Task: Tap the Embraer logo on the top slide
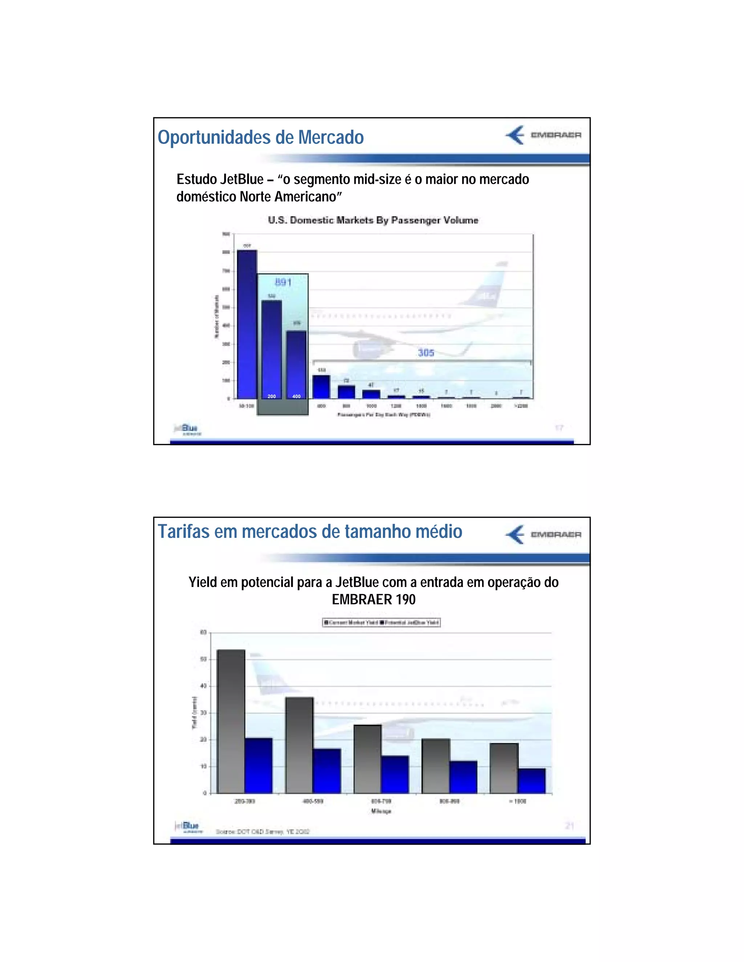[x=543, y=135]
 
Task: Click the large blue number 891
[x=283, y=282]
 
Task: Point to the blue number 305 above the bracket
[x=426, y=352]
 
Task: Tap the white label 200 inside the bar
[x=271, y=396]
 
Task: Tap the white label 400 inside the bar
[x=296, y=396]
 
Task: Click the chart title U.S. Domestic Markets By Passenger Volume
[x=373, y=220]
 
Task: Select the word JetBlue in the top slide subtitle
[x=242, y=179]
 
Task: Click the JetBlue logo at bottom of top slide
[x=188, y=429]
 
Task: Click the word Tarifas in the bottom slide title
[x=184, y=532]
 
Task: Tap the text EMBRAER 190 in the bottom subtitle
[x=373, y=599]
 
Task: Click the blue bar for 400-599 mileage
[x=327, y=771]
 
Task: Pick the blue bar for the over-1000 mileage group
[x=531, y=780]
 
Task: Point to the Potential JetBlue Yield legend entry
[x=410, y=622]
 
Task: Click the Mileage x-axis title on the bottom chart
[x=381, y=811]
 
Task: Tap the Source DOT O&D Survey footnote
[x=263, y=832]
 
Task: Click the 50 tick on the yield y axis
[x=203, y=659]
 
